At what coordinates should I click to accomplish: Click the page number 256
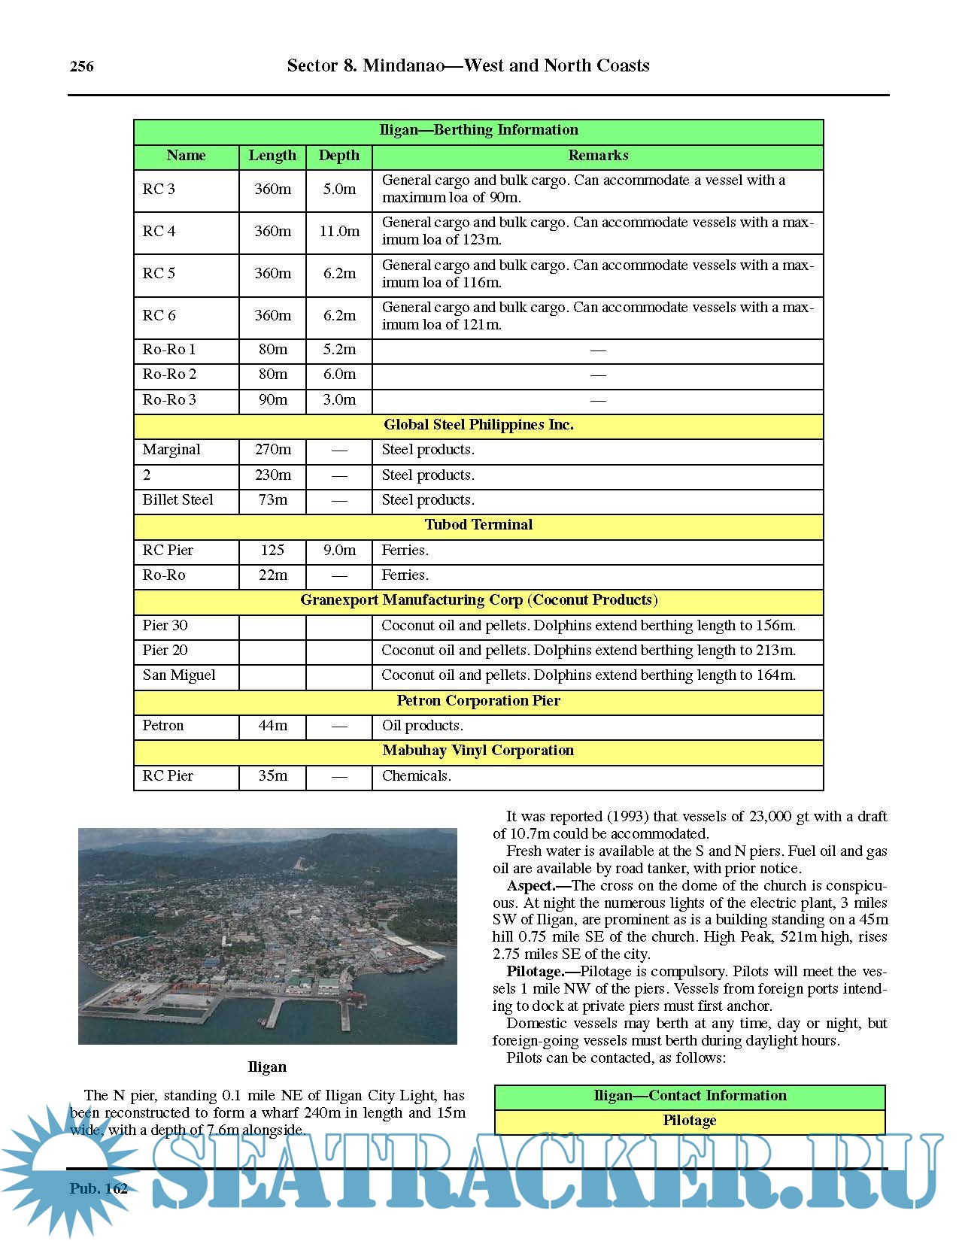coord(82,66)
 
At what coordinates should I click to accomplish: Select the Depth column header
coord(339,156)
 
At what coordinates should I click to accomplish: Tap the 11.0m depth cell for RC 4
coord(339,232)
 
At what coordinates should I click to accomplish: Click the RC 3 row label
coord(159,189)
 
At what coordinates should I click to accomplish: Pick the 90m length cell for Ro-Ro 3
coord(272,400)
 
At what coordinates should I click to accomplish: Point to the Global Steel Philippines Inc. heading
coord(478,425)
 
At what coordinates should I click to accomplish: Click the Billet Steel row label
coord(178,500)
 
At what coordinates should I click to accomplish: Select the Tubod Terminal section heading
coord(478,525)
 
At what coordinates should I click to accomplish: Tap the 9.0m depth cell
coord(339,551)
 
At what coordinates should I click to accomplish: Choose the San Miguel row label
coord(179,675)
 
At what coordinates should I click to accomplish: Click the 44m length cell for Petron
coord(272,726)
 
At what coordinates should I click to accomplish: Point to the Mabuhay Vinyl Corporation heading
coord(478,751)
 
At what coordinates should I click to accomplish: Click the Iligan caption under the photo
coord(267,1067)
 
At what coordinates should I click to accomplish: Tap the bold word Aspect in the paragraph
coord(531,886)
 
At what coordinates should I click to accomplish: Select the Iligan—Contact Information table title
coord(690,1096)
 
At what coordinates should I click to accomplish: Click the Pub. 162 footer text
coord(99,1189)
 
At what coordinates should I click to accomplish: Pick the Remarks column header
coord(598,156)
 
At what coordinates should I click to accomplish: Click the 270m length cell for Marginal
coord(272,450)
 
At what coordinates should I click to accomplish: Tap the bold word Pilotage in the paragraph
coord(535,972)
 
